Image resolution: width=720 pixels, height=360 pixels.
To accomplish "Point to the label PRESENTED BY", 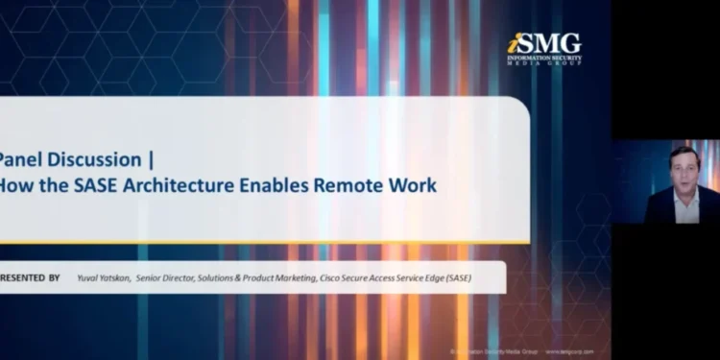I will click(x=30, y=278).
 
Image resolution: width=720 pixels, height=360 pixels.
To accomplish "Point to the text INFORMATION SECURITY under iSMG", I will click(x=544, y=58).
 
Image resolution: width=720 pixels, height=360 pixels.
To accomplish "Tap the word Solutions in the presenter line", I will click(x=225, y=278).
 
